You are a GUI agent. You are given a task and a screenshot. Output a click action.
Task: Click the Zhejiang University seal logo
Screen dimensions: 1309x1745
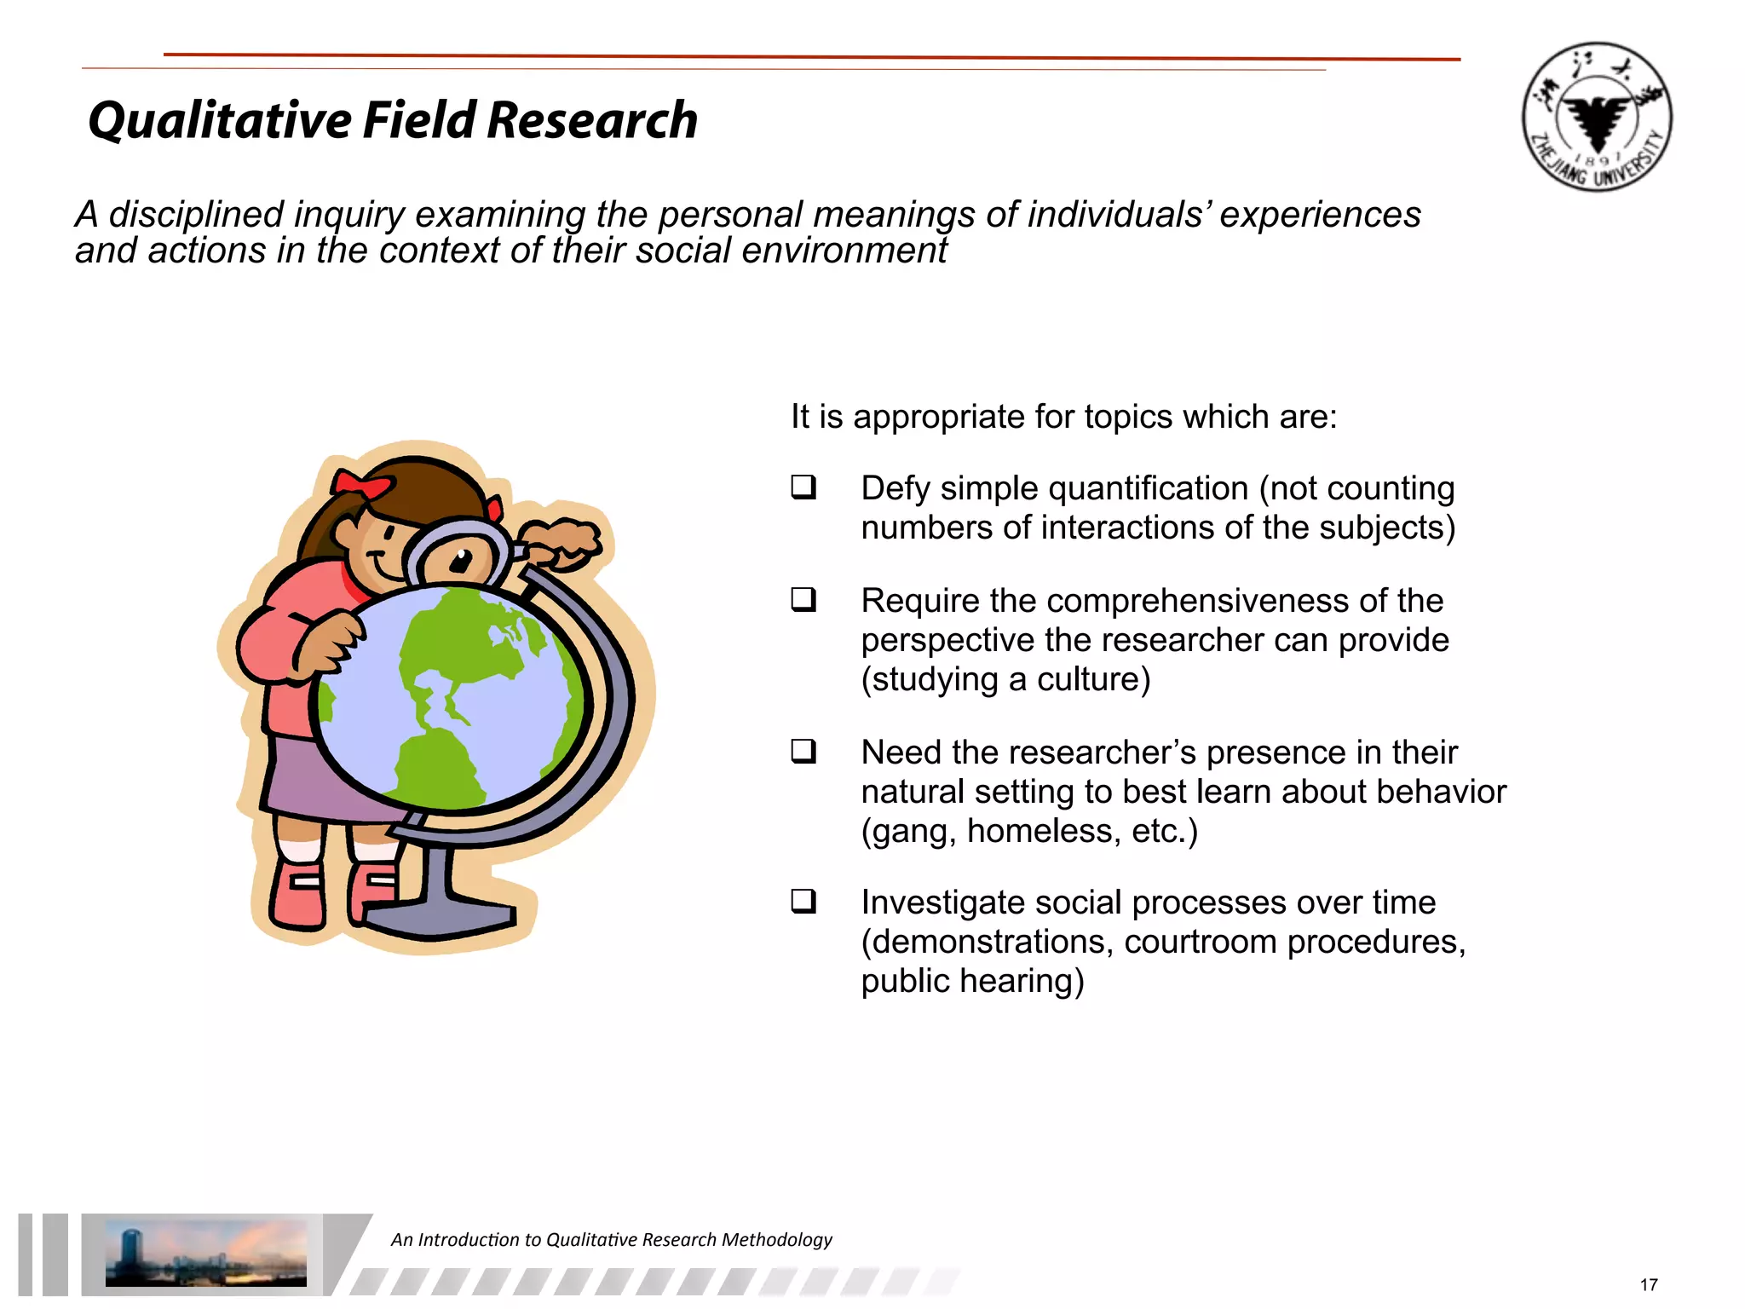point(1597,117)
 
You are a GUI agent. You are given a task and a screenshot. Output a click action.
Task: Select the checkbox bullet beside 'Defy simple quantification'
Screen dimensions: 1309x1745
point(803,487)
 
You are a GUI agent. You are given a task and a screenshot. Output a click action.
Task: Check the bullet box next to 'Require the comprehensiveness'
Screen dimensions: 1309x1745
point(803,600)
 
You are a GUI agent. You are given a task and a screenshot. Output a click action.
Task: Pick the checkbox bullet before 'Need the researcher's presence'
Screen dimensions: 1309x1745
point(803,752)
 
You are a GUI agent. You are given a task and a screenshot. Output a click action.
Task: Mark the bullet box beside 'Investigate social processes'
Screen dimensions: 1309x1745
point(803,902)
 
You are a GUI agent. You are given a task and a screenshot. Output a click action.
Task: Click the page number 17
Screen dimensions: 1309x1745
point(1648,1284)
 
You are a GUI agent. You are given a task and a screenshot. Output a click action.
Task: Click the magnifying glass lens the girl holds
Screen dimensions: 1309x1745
point(458,558)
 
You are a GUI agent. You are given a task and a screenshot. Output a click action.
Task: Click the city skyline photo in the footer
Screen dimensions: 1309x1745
point(205,1253)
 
